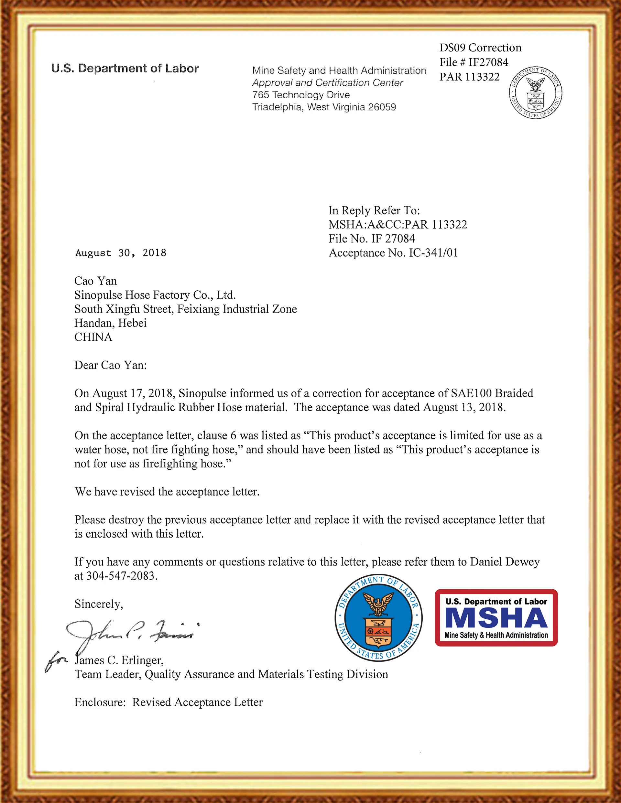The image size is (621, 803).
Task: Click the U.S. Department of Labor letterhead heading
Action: [125, 69]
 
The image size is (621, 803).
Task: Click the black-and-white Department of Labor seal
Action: [535, 93]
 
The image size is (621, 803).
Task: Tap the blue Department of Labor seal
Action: [378, 618]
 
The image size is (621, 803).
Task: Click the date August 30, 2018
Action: [121, 253]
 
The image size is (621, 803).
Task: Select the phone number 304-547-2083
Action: [121, 576]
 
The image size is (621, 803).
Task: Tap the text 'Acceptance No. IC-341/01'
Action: [393, 253]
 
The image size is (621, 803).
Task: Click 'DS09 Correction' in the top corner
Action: [480, 48]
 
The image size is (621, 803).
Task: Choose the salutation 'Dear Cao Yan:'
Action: [110, 365]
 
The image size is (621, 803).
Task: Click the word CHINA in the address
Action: [93, 337]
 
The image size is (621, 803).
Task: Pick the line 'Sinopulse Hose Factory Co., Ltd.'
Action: [155, 295]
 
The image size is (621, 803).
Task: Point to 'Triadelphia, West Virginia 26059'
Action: [324, 107]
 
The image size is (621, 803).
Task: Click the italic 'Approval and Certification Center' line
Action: [327, 83]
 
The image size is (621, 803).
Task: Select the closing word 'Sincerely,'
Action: [99, 604]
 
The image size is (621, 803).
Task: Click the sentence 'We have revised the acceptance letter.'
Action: [167, 492]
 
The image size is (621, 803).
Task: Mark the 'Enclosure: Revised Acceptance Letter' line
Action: [169, 702]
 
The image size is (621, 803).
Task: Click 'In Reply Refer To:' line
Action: [374, 210]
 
